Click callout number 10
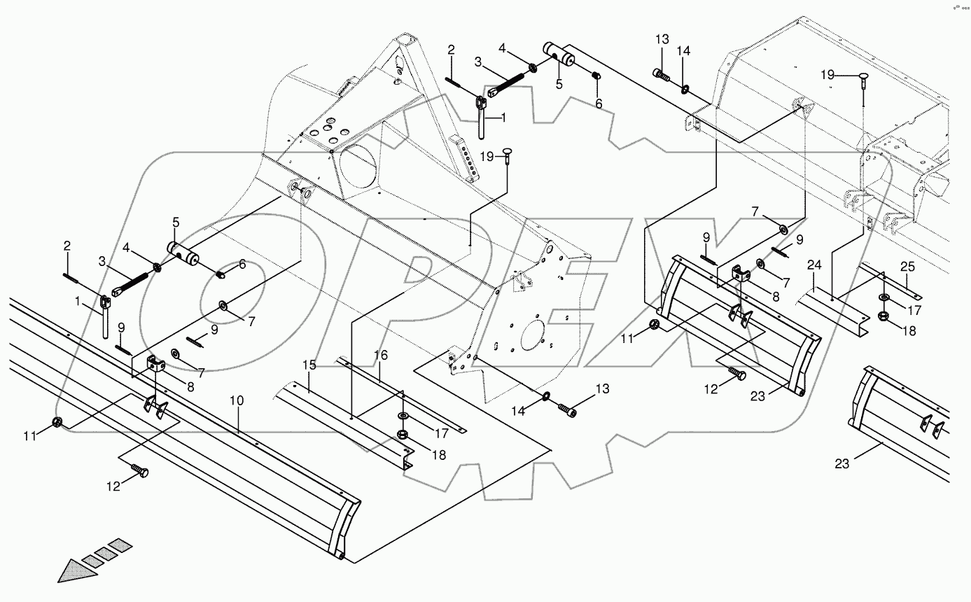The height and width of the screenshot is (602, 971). pyautogui.click(x=237, y=401)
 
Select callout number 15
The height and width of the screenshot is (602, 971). pyautogui.click(x=309, y=365)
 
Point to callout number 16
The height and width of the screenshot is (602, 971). pyautogui.click(x=380, y=356)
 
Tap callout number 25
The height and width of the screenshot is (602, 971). pyautogui.click(x=907, y=267)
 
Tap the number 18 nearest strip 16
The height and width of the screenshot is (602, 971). pyautogui.click(x=438, y=455)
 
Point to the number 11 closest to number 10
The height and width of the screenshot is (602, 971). pyautogui.click(x=29, y=436)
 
